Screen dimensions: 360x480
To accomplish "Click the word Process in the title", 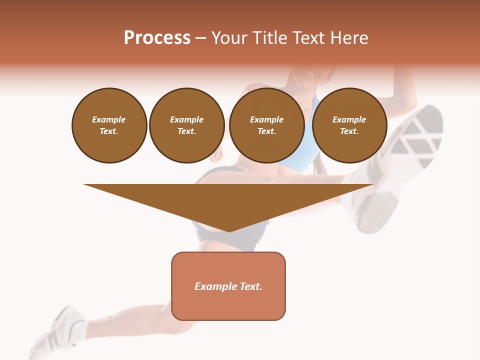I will point(157,38).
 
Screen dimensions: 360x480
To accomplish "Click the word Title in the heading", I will point(268,38).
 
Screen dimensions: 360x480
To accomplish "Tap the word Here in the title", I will point(350,38).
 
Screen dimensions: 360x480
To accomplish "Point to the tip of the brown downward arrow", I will point(229,230).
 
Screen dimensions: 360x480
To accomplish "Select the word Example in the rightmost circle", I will point(349,119).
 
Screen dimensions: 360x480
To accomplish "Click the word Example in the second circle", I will point(186,119).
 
